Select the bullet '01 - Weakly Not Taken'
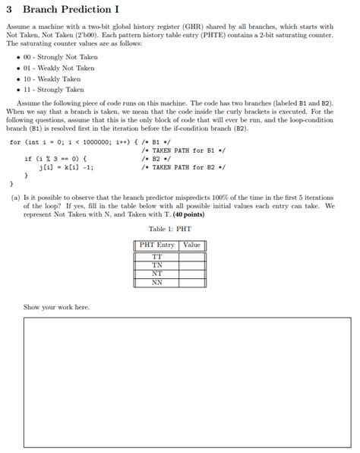(57, 68)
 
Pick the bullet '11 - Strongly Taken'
(53, 89)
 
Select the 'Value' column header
(191, 245)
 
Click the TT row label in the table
(157, 257)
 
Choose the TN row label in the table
(157, 265)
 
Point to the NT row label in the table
(157, 274)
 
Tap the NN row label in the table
(157, 282)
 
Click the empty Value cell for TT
(191, 257)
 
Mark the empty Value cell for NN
(191, 282)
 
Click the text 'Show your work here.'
(56, 307)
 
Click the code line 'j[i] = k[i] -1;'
(66, 167)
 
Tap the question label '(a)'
(16, 196)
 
